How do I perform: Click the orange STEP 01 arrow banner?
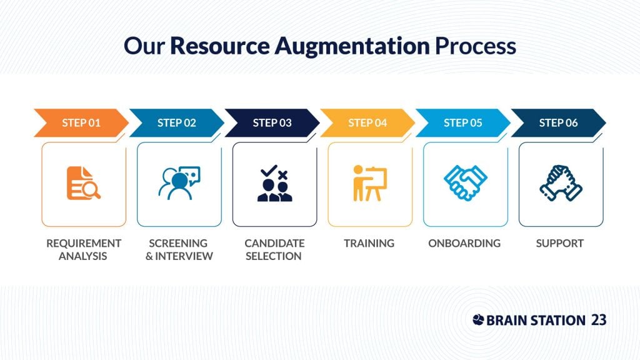coord(81,123)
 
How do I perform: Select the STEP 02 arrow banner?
coord(177,123)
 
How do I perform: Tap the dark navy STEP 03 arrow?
coord(272,123)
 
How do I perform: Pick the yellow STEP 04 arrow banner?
coord(367,123)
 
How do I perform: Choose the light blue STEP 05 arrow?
coord(463,123)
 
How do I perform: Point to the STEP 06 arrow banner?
coord(558,123)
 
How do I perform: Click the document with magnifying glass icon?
coord(83,183)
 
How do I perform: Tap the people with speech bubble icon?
coord(179,183)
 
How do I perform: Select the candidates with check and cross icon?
coord(275,183)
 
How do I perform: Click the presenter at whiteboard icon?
coord(370,183)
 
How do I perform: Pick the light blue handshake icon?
coord(465,183)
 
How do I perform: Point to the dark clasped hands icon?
coord(561,183)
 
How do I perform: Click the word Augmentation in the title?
coord(352,46)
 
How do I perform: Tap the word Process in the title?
coord(476,46)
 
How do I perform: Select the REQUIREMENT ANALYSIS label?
coord(84,249)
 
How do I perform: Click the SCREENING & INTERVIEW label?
coord(179,249)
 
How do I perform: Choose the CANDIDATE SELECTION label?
coord(274,249)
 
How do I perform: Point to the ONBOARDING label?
coord(464,243)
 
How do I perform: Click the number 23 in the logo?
coord(598,320)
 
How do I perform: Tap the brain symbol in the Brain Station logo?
coord(478,319)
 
